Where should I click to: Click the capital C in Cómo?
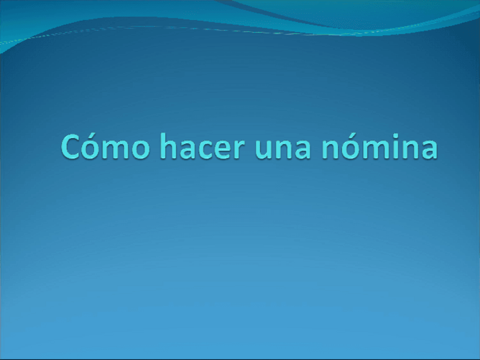72,147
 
